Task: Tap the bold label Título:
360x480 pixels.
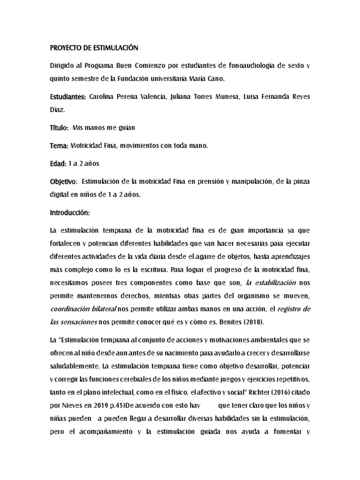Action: click(x=60, y=128)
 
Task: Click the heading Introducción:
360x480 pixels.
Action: click(x=69, y=213)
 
